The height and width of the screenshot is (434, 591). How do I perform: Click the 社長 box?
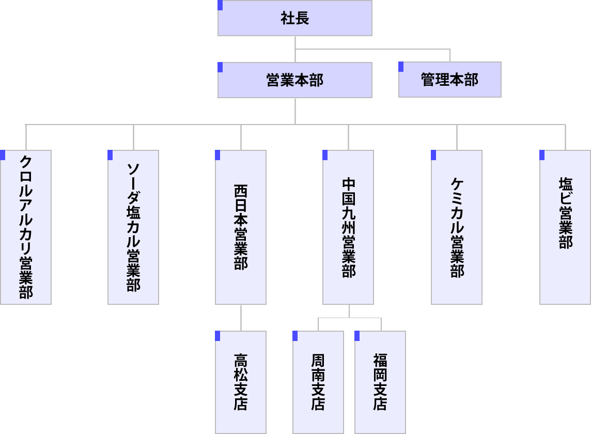tap(295, 19)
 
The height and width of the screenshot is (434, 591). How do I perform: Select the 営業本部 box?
tap(295, 80)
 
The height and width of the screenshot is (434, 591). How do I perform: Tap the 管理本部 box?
tap(450, 80)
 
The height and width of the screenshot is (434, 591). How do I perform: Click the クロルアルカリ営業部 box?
tap(26, 227)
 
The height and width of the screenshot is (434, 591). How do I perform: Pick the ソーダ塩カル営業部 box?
tap(133, 227)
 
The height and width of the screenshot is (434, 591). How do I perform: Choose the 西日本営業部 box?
tap(241, 227)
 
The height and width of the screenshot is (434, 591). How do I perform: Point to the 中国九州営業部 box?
tap(348, 227)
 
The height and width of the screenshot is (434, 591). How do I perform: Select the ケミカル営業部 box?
tap(457, 227)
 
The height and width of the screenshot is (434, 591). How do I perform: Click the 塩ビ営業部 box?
tap(565, 227)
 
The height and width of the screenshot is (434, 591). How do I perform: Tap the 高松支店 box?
tap(241, 382)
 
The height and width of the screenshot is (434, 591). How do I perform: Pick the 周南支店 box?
tap(318, 382)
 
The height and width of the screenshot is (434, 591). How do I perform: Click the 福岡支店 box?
tap(380, 382)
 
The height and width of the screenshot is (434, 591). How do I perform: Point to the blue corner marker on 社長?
tap(221, 5)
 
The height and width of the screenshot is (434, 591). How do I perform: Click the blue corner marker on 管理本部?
tap(401, 67)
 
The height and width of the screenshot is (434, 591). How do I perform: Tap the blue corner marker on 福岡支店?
tap(357, 336)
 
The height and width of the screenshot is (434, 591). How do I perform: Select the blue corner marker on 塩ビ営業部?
tap(542, 155)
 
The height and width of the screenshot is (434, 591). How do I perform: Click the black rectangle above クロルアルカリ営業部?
tap(26, 141)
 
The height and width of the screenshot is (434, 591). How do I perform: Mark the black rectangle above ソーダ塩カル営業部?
tap(133, 146)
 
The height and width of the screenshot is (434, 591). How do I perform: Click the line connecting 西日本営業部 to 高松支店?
tap(241, 318)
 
